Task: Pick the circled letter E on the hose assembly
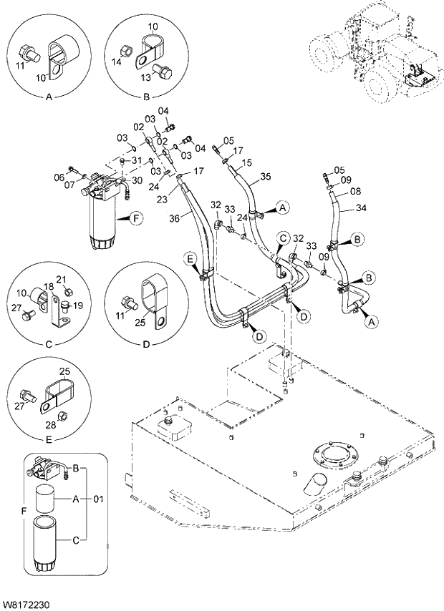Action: pos(190,257)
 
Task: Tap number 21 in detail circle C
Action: pos(61,278)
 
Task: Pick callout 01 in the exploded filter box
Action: pos(99,498)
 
